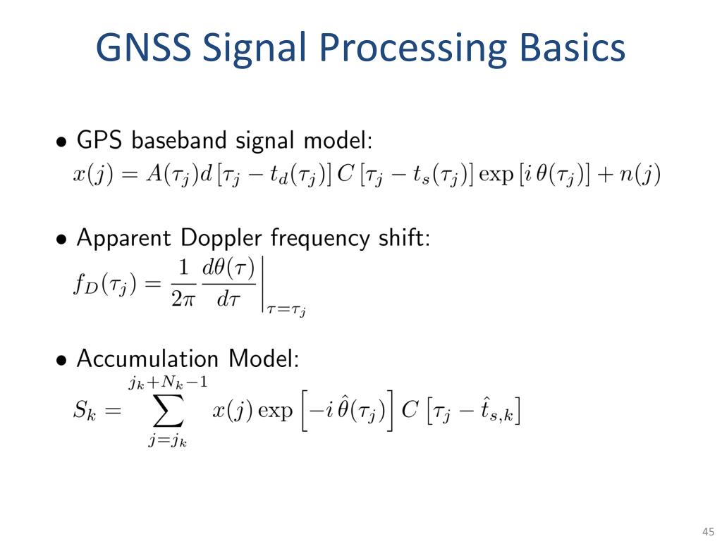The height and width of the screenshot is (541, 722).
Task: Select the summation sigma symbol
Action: [x=167, y=411]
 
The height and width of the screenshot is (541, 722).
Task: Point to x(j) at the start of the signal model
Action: [x=89, y=174]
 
